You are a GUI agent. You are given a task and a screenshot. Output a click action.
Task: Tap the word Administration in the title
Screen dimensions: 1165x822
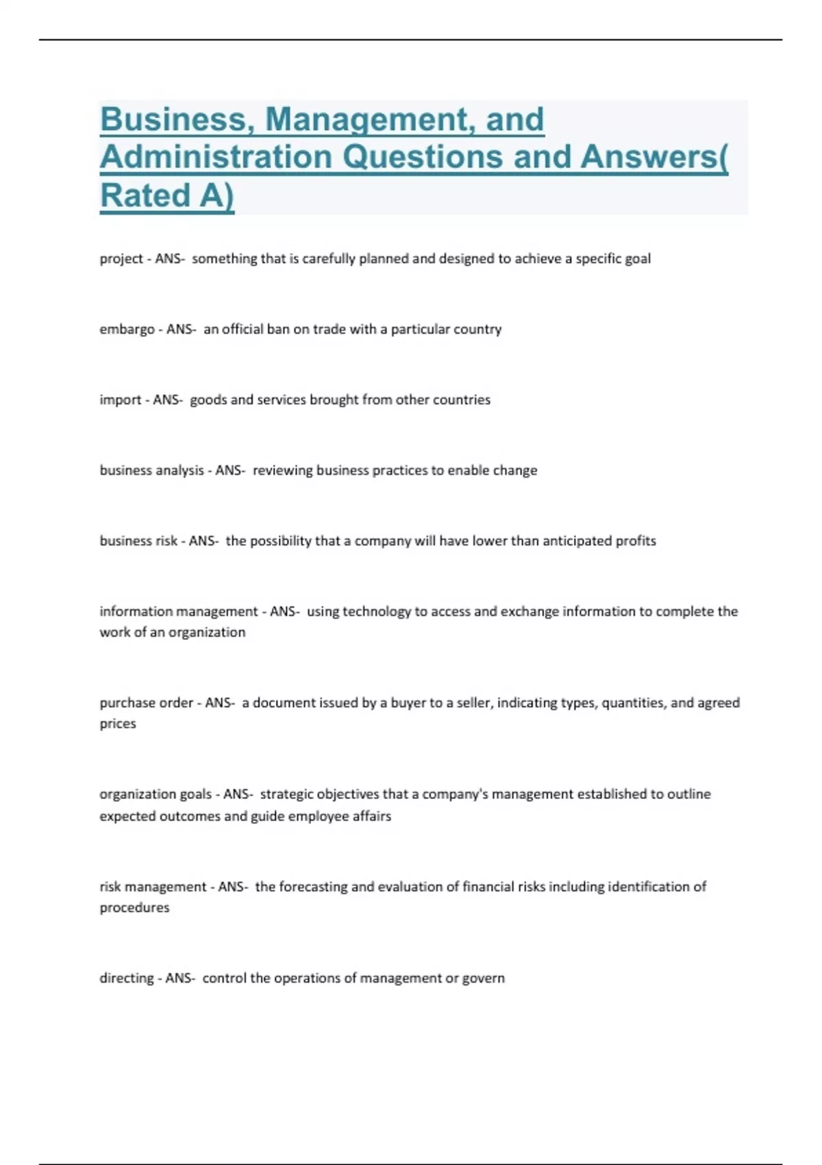coord(216,157)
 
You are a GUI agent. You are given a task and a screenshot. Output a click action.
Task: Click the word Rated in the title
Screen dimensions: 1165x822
coord(145,195)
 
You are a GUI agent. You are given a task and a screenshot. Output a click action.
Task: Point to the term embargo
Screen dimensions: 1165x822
coord(127,330)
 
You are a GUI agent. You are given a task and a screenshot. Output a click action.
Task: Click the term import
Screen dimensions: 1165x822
coord(121,400)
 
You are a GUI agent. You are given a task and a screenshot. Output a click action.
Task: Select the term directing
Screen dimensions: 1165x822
coord(127,979)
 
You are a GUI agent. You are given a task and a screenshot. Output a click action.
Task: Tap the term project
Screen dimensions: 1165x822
coord(121,259)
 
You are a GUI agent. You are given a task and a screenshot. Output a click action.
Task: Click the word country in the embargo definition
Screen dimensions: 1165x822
coord(480,329)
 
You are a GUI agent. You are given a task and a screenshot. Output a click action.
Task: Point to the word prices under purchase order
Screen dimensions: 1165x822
coord(118,724)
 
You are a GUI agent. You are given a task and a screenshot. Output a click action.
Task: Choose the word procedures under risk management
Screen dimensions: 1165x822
coord(134,908)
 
